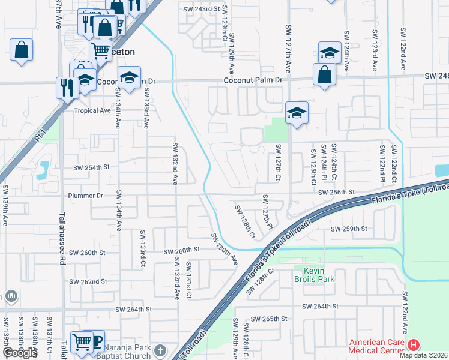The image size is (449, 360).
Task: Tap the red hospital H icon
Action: point(414,345)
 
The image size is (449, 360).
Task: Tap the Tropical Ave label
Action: point(92,110)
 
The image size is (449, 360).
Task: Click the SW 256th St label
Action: point(337,192)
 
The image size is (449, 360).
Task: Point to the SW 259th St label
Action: point(348,229)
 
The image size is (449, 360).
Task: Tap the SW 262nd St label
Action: point(88,281)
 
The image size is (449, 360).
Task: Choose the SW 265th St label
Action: point(270,319)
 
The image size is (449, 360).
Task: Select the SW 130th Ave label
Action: point(224,249)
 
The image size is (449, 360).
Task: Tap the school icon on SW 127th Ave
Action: point(296,113)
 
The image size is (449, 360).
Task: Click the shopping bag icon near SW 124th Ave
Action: point(324,74)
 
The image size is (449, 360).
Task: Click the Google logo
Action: point(20,353)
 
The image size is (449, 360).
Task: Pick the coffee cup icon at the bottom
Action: point(94,341)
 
